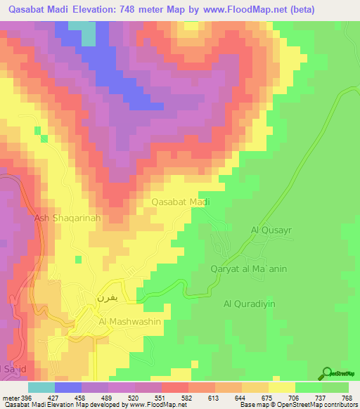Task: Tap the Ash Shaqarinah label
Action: point(69,219)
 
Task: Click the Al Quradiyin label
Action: point(251,304)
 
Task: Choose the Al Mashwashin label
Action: point(130,321)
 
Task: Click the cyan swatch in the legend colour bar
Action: point(41,387)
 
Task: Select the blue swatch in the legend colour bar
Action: point(68,387)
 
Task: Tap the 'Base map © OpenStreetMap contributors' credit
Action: point(297,405)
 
